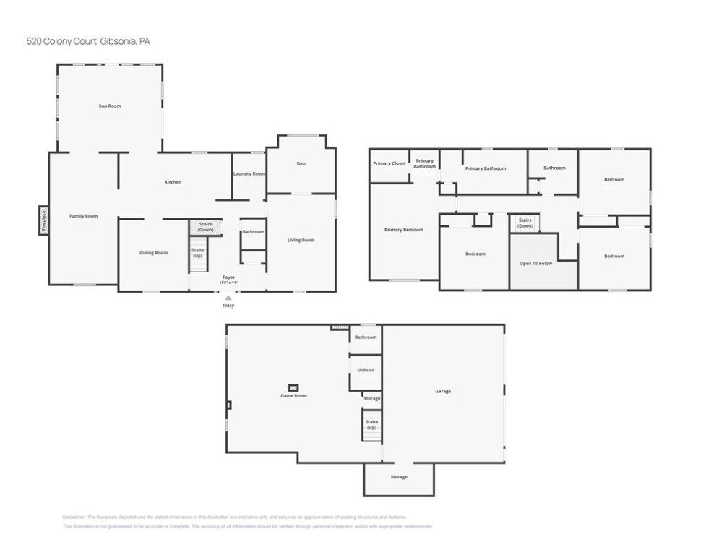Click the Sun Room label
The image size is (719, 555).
point(110,106)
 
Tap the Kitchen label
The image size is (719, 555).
point(173,182)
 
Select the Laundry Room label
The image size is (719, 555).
point(249,174)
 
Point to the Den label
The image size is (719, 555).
point(301,164)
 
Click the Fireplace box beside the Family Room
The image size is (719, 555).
point(43,220)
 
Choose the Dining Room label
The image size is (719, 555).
point(153,253)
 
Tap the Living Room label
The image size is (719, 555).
point(301,240)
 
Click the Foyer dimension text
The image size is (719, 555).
point(228,282)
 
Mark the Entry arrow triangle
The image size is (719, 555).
point(228,297)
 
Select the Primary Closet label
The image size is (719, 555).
point(389,163)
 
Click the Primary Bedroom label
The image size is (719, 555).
point(403,230)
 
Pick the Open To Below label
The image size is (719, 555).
point(535,263)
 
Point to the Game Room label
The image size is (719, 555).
point(294,396)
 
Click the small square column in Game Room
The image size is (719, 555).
point(293,387)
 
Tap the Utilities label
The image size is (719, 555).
point(366,370)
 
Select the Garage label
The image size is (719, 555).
point(443,391)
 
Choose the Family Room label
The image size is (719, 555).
point(83,216)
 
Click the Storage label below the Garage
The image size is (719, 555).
point(399,477)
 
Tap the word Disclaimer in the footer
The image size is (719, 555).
point(74,517)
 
